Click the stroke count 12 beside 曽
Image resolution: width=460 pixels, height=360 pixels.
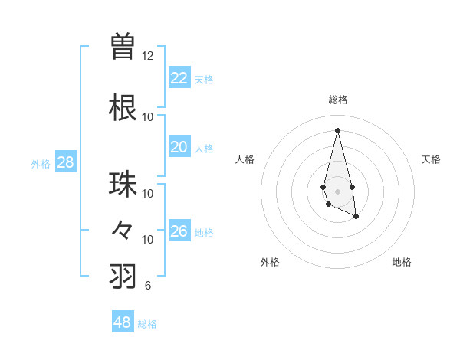tap(147, 56)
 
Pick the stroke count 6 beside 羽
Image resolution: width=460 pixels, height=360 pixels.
tap(147, 286)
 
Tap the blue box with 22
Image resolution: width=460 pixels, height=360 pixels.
tap(179, 77)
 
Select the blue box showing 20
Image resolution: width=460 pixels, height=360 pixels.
tap(179, 147)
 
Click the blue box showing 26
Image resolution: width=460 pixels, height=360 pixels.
tap(179, 231)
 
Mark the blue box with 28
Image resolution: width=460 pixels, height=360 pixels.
tap(65, 162)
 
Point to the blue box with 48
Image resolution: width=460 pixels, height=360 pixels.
tap(123, 322)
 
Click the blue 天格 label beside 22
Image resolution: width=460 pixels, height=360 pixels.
tap(204, 79)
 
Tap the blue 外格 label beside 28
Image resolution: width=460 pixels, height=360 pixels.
tap(41, 164)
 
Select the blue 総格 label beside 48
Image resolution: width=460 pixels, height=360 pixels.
tap(147, 324)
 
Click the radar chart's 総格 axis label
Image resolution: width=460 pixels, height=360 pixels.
tap(337, 100)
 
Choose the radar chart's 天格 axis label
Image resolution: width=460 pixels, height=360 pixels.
tap(432, 159)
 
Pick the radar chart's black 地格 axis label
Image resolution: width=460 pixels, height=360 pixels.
tap(402, 262)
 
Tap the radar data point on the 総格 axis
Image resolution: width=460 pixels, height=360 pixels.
tap(337, 130)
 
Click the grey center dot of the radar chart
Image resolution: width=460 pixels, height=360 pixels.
tap(337, 191)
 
